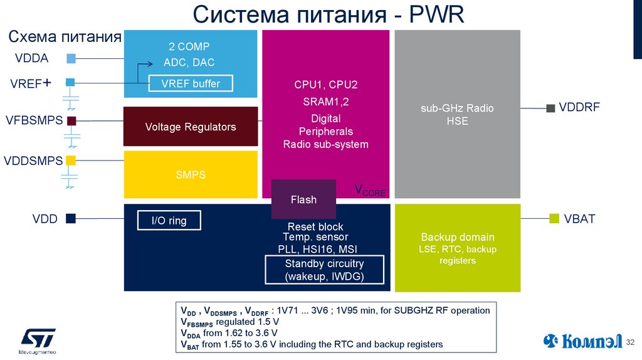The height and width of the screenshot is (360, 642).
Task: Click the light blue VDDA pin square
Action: click(71, 59)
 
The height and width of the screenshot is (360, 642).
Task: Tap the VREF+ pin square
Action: click(70, 82)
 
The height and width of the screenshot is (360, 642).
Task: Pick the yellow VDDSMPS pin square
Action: click(71, 160)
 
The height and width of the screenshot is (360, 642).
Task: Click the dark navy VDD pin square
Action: click(71, 218)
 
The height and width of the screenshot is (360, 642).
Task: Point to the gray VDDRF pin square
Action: click(550, 108)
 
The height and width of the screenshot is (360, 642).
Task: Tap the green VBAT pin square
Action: click(554, 218)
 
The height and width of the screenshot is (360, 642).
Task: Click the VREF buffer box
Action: click(190, 83)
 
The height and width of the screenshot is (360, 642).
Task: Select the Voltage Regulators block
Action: click(191, 127)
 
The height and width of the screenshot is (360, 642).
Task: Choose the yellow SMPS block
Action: click(191, 175)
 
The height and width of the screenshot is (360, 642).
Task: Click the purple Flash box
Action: click(303, 199)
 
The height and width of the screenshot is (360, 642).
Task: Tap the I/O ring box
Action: click(169, 221)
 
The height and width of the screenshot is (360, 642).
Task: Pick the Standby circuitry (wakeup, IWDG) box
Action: click(324, 270)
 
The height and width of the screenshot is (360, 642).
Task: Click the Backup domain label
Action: click(458, 238)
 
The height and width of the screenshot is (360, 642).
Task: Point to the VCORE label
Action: click(370, 190)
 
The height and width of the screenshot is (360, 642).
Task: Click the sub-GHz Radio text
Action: click(457, 109)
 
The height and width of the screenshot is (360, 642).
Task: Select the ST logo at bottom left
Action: click(38, 339)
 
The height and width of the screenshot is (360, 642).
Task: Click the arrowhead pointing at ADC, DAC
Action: click(150, 63)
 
